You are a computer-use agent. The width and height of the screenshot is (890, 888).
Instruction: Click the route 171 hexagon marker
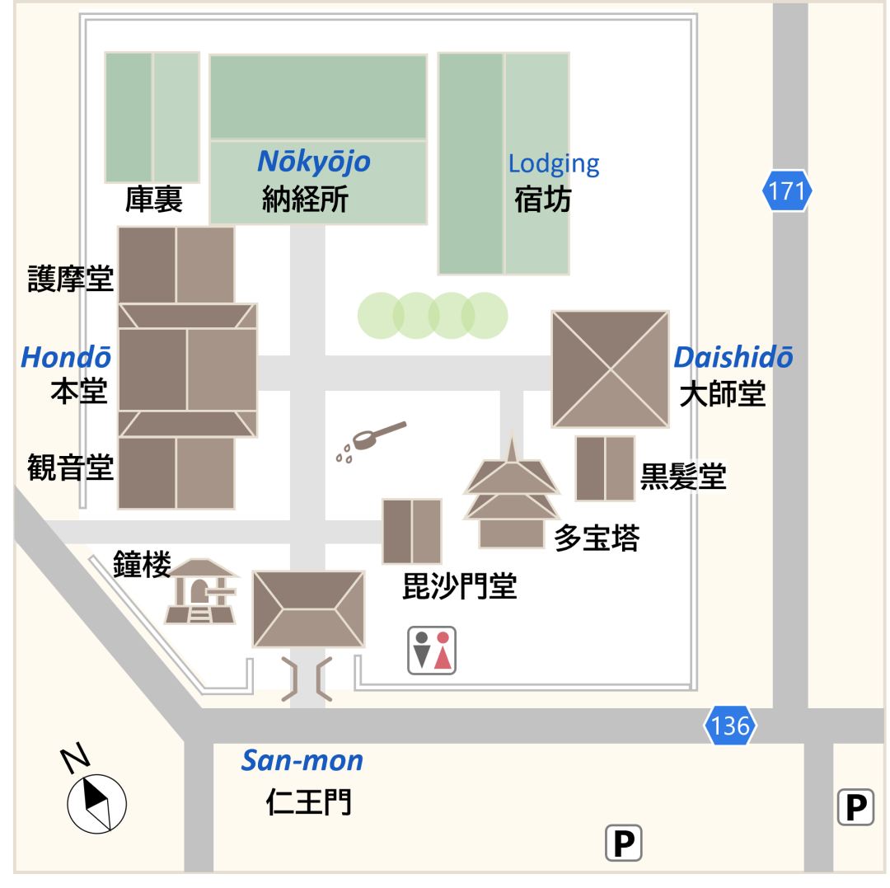click(x=786, y=191)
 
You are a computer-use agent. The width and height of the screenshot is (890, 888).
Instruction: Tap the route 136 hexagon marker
click(x=730, y=726)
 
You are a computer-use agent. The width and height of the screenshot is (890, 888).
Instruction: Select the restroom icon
click(x=433, y=650)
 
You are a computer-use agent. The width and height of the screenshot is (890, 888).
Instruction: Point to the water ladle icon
click(x=370, y=441)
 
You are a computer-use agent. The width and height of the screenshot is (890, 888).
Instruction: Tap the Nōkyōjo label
click(x=314, y=162)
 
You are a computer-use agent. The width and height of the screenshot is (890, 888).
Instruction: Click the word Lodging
click(x=554, y=163)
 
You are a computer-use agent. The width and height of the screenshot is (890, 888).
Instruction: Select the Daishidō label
click(x=733, y=357)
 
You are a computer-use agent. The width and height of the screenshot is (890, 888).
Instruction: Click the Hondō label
click(x=66, y=357)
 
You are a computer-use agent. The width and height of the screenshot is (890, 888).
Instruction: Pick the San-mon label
click(x=302, y=760)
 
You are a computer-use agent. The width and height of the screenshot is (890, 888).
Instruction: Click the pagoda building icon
click(x=512, y=496)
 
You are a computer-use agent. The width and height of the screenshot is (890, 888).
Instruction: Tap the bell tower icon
click(x=200, y=590)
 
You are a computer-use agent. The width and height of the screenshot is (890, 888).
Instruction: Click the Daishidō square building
click(x=610, y=369)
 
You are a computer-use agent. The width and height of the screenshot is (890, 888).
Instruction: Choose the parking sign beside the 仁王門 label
click(x=623, y=843)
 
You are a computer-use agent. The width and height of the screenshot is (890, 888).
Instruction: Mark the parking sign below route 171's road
click(x=855, y=807)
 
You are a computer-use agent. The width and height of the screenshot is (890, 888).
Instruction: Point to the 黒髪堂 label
click(x=683, y=477)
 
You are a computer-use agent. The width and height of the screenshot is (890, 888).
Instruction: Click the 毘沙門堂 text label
click(x=459, y=586)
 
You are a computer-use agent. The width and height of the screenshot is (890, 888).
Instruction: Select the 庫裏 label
click(x=153, y=200)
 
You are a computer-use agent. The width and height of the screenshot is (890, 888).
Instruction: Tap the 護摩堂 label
click(x=71, y=278)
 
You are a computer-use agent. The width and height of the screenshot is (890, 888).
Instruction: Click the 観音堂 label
click(x=71, y=467)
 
